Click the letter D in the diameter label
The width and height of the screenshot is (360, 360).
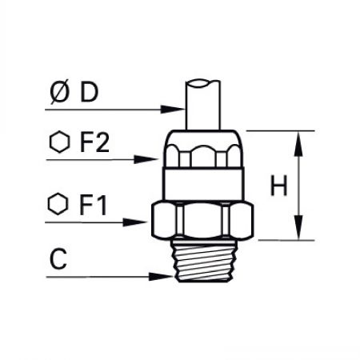[90, 92]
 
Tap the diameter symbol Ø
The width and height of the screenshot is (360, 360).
[59, 92]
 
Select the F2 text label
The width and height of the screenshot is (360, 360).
[94, 142]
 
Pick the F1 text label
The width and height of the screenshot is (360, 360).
[93, 206]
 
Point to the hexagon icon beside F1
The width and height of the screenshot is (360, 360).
[58, 204]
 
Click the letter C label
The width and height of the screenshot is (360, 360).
[58, 258]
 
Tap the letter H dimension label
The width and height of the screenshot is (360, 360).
[279, 186]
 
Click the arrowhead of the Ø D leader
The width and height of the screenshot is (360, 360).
[172, 109]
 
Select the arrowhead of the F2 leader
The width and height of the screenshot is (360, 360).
[145, 159]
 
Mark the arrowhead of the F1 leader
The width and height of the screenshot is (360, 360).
[134, 222]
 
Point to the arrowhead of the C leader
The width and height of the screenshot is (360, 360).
[161, 277]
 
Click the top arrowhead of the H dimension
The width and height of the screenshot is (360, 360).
[298, 143]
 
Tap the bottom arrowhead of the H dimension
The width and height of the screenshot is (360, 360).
[298, 228]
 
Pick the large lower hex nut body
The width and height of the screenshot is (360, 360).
[202, 219]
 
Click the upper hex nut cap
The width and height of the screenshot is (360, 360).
[203, 149]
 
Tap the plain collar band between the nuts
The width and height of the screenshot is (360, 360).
[203, 185]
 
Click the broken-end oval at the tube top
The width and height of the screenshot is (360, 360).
[198, 83]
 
